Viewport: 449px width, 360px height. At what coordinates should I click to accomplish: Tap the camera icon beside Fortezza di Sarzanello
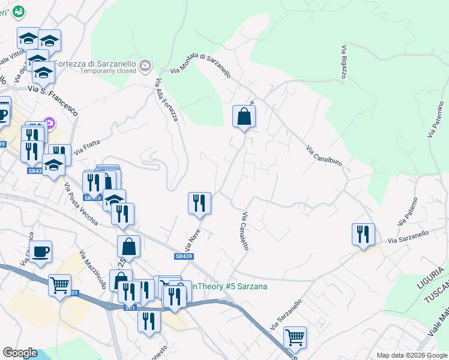click(145, 65)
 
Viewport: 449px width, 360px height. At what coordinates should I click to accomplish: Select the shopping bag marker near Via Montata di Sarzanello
click(244, 116)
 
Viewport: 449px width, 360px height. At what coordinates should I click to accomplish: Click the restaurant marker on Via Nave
click(199, 203)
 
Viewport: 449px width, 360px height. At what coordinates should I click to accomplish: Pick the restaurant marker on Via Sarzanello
click(363, 234)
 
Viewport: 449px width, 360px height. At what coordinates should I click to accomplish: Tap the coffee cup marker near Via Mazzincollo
click(41, 252)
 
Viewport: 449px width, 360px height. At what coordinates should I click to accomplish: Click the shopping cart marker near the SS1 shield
click(59, 286)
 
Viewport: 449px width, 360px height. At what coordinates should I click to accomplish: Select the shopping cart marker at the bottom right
click(295, 337)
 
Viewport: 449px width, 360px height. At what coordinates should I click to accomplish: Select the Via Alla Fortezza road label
click(167, 100)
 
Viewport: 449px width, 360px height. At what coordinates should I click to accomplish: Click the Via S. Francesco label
click(53, 98)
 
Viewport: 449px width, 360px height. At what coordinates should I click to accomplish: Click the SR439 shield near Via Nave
click(184, 256)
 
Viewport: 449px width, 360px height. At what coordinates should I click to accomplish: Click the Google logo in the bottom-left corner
click(20, 353)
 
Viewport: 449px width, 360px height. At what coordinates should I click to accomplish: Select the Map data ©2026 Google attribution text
click(412, 356)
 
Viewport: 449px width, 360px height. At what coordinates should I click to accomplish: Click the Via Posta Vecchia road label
click(81, 204)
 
